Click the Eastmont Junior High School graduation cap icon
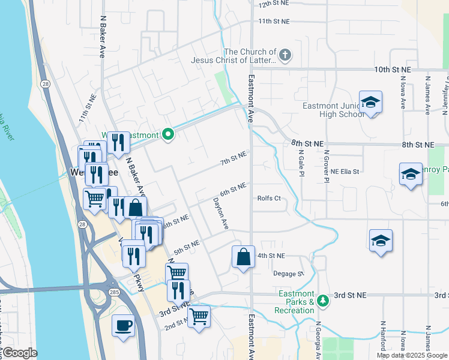370,103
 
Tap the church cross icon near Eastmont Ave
285,56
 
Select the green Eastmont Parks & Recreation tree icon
323,299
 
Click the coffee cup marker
124,326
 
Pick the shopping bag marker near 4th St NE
243,257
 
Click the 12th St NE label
274,4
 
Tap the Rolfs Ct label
269,199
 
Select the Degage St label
288,274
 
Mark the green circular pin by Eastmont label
169,135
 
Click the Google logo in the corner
19,353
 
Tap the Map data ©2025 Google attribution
411,355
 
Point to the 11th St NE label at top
274,21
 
